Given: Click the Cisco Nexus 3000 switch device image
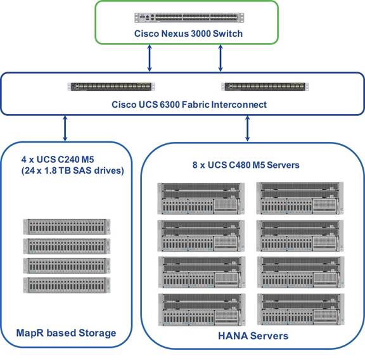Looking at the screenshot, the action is [x=189, y=18].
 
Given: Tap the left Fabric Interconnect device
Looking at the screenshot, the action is [x=111, y=87].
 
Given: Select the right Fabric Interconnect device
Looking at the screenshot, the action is [x=265, y=87].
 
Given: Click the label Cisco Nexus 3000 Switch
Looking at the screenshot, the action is [x=188, y=34].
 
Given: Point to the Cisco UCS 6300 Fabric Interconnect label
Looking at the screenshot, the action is [x=189, y=105].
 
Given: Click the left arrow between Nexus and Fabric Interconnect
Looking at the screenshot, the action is [x=150, y=58].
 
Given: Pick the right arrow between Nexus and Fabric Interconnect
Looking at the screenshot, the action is [x=221, y=58].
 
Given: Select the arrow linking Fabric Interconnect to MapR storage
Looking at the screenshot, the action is [x=65, y=129].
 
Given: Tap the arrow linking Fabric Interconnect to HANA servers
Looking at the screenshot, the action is [x=247, y=129].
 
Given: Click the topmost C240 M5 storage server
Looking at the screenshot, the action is [x=67, y=226].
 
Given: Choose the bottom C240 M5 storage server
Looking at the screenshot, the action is [x=67, y=285].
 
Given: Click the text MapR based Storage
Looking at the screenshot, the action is [x=66, y=333].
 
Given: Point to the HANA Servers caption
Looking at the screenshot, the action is [x=253, y=336].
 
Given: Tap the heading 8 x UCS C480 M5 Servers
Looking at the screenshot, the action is [x=246, y=165].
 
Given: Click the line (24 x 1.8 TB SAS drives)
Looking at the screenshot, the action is [x=72, y=170].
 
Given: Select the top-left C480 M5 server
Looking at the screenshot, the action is [x=201, y=198].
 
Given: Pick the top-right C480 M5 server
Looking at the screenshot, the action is [x=300, y=198].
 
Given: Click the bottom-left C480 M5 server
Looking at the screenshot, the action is [x=202, y=309].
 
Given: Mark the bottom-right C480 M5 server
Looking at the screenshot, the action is [x=301, y=309].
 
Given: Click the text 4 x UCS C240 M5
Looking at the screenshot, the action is [x=58, y=160].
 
